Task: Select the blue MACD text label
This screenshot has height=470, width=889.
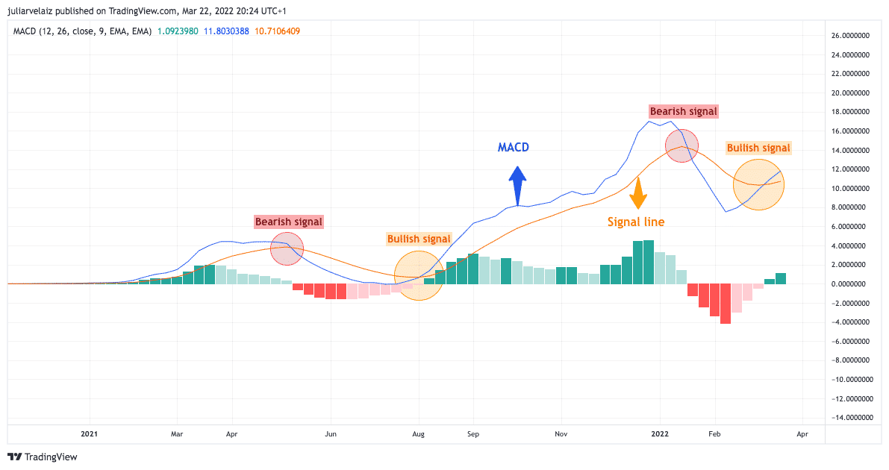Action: click(x=514, y=148)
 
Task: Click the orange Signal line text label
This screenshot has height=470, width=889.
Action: click(x=636, y=222)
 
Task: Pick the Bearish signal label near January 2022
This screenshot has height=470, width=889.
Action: click(x=683, y=111)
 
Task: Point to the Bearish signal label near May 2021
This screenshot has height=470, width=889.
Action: click(x=289, y=222)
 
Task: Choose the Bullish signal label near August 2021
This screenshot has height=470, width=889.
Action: click(x=419, y=239)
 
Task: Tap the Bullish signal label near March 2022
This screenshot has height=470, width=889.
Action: click(x=758, y=148)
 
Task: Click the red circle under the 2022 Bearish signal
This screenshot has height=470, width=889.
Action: click(x=681, y=145)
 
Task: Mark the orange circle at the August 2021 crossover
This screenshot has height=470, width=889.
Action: click(x=419, y=275)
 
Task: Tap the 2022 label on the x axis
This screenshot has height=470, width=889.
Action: click(x=659, y=433)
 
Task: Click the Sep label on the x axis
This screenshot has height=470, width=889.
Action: click(x=472, y=433)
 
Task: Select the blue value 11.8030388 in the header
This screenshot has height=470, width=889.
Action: click(x=228, y=31)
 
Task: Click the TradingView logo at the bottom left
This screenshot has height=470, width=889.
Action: click(x=43, y=457)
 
